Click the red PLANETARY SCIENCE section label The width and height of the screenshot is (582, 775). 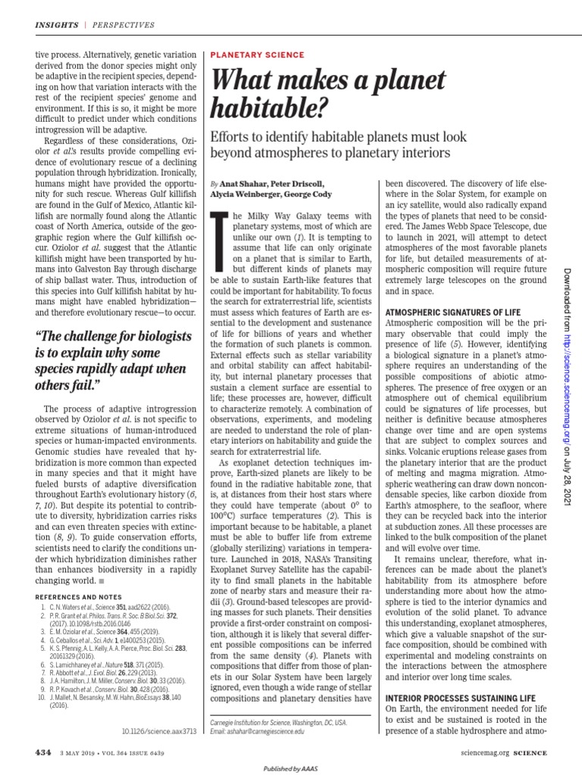tap(257, 55)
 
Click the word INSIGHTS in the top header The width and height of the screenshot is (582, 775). tap(57, 25)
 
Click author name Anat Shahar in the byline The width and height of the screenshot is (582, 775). tap(242, 184)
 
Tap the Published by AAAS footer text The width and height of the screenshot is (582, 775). tap(290, 768)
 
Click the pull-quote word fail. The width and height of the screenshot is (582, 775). tap(81, 384)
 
